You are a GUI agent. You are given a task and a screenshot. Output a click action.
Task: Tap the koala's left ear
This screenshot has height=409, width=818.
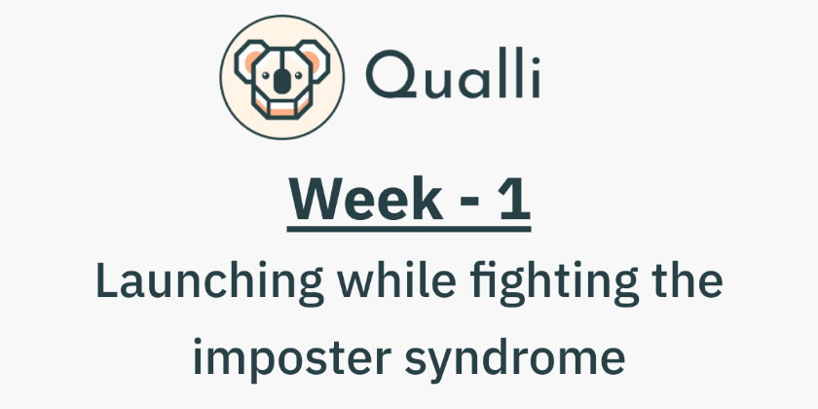244,63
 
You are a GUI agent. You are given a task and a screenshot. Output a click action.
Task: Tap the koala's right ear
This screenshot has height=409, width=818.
316,63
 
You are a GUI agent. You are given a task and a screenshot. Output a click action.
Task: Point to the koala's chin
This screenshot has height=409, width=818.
280,108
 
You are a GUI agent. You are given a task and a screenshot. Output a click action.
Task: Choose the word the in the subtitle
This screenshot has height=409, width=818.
688,282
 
